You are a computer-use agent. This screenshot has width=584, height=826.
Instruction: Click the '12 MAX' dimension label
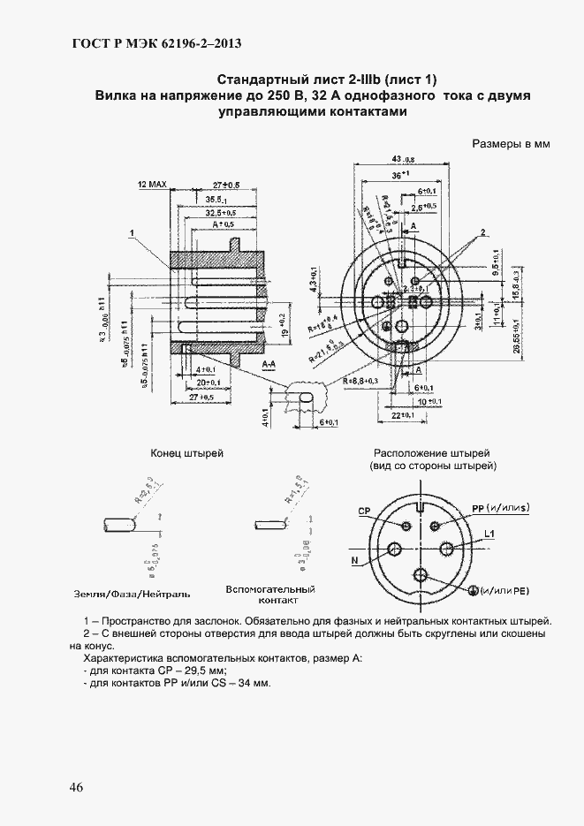point(152,185)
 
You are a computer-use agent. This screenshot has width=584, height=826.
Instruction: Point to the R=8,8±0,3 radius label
point(359,380)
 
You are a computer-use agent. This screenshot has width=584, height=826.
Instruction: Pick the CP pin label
point(364,512)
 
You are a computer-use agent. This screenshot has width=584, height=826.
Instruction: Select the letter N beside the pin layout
point(354,561)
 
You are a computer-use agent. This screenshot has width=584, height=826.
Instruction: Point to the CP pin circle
point(406,527)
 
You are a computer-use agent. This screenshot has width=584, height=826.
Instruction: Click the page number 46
point(76,788)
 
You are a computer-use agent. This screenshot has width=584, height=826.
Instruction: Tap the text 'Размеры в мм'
point(512,144)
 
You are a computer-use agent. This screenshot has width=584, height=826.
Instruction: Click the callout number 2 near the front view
point(483,232)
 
